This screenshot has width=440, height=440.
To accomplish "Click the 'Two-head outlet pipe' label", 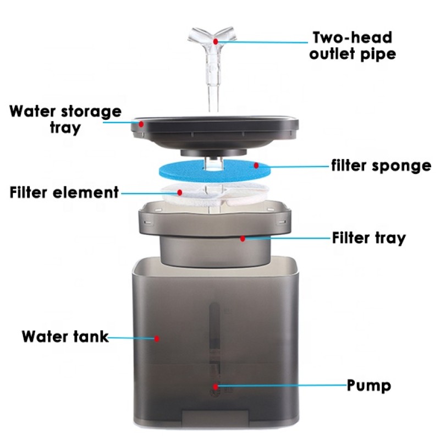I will pyautogui.click(x=352, y=46).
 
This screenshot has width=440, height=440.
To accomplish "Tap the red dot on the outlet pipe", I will pyautogui.click(x=216, y=41).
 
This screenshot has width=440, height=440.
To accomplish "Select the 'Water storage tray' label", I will pyautogui.click(x=65, y=119).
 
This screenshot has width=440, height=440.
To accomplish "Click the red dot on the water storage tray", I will pyautogui.click(x=141, y=124).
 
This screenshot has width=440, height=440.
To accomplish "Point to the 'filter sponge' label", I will pyautogui.click(x=381, y=166).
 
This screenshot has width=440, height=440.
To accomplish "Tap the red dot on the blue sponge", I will pyautogui.click(x=256, y=165).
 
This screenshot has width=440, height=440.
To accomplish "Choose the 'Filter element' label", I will pyautogui.click(x=64, y=193).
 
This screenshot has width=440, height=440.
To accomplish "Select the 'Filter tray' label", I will pyautogui.click(x=369, y=238).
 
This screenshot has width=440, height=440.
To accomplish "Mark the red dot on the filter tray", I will pyautogui.click(x=243, y=239).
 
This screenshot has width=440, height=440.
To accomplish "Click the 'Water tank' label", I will pyautogui.click(x=65, y=336).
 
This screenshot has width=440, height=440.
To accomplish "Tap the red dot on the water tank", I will pyautogui.click(x=157, y=339).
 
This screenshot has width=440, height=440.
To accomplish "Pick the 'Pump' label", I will pyautogui.click(x=369, y=385).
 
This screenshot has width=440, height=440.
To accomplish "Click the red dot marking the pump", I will pyautogui.click(x=215, y=386).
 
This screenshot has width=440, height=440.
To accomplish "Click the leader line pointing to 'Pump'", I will pyautogui.click(x=280, y=386).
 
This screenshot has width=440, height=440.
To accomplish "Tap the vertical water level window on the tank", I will pyautogui.click(x=215, y=341).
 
